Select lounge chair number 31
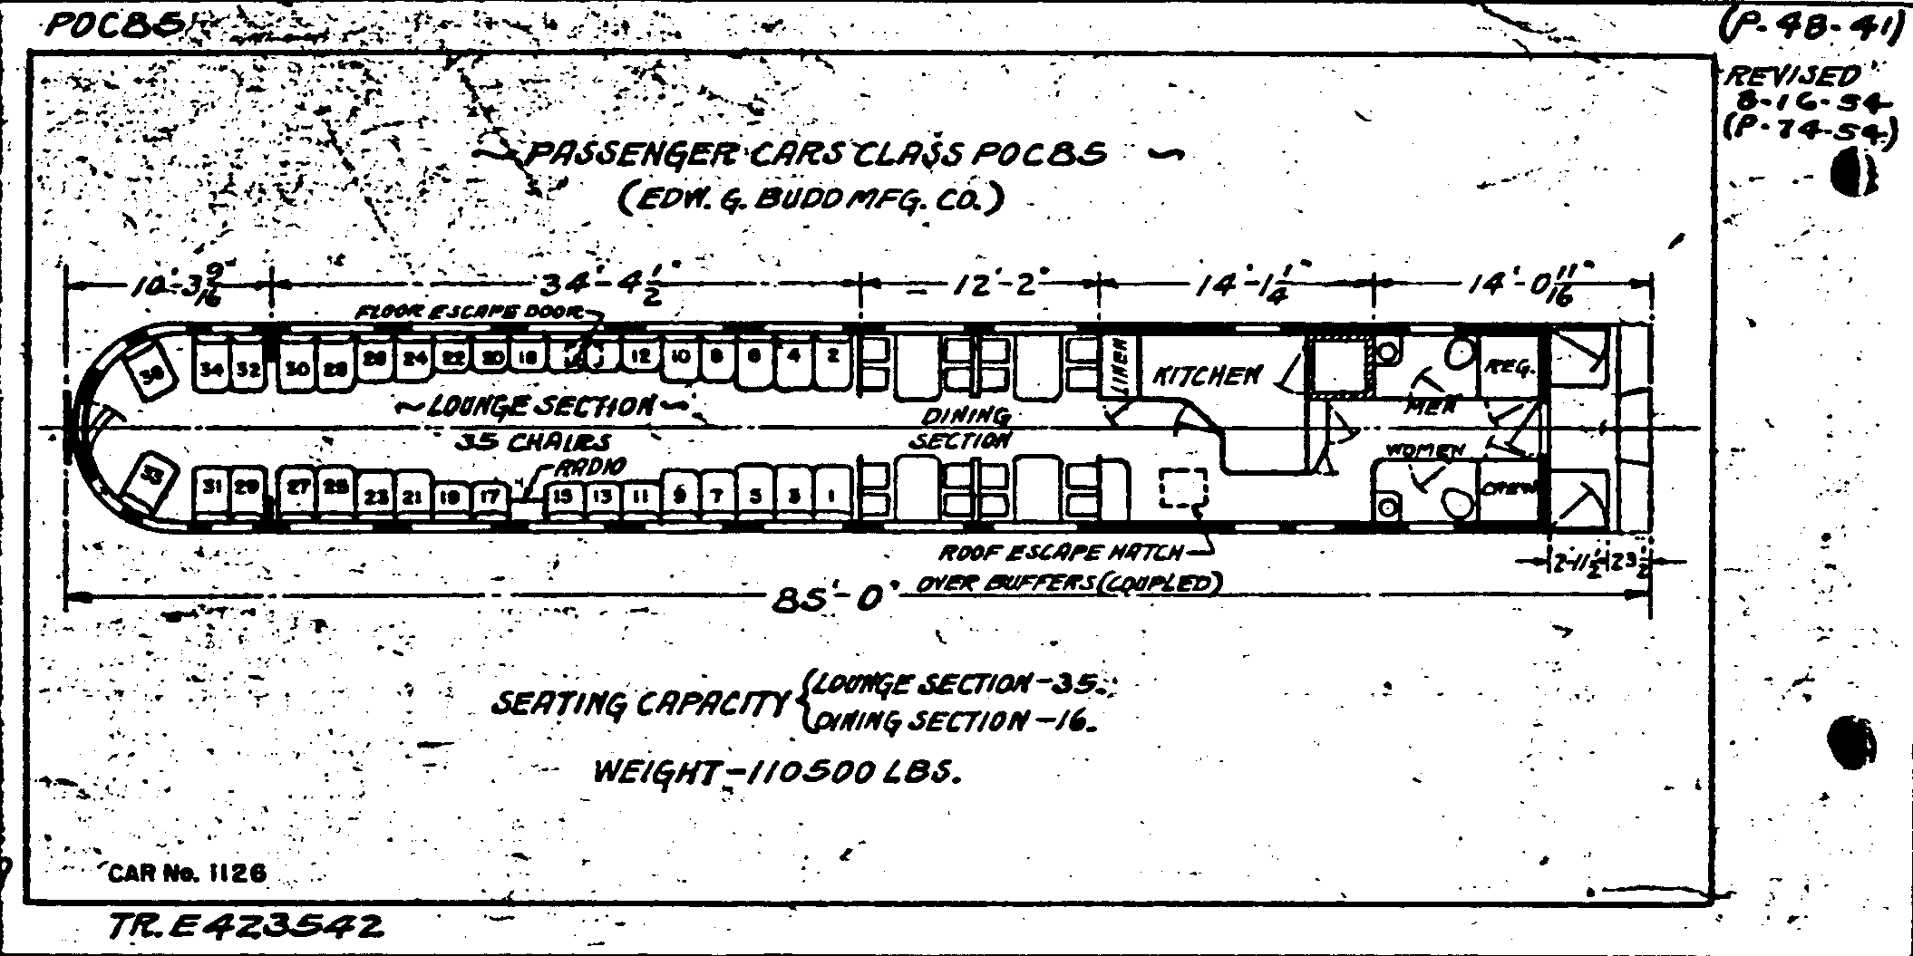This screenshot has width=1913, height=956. (x=212, y=488)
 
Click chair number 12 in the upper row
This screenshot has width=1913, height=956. (x=640, y=357)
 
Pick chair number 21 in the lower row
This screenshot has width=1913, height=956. (x=413, y=497)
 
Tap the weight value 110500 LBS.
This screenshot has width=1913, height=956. (x=851, y=772)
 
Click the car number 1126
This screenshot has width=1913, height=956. (x=238, y=873)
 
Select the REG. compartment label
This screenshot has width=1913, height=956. (x=1509, y=369)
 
